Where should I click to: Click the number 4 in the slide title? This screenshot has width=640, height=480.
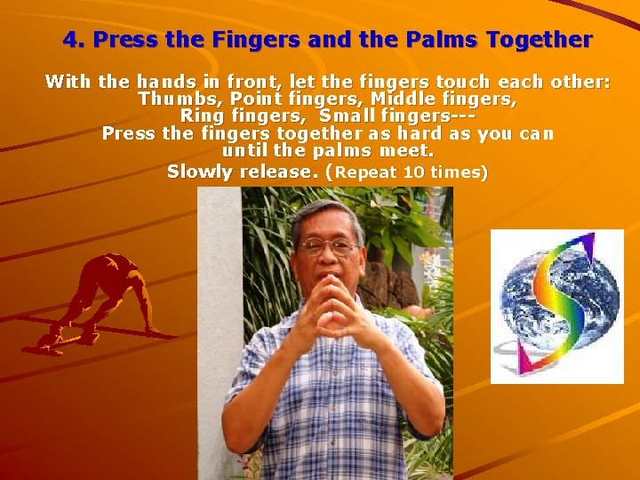point(70,40)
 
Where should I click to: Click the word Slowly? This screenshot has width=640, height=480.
point(199,172)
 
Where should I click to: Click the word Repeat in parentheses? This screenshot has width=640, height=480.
point(366,172)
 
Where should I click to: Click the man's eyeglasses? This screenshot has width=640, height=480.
point(328,247)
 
